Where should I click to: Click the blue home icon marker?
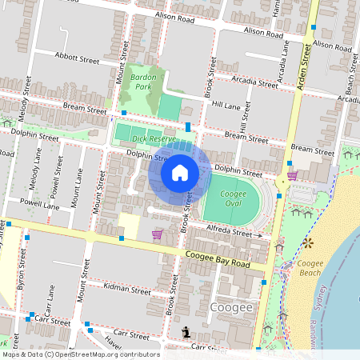point(180,172)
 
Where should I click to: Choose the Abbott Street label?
point(77,59)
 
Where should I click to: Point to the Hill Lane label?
point(226,105)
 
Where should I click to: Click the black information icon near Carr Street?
point(186,332)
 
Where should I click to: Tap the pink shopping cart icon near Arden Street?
point(292,175)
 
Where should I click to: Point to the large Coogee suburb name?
point(231,308)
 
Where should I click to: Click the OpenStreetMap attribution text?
point(80,354)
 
